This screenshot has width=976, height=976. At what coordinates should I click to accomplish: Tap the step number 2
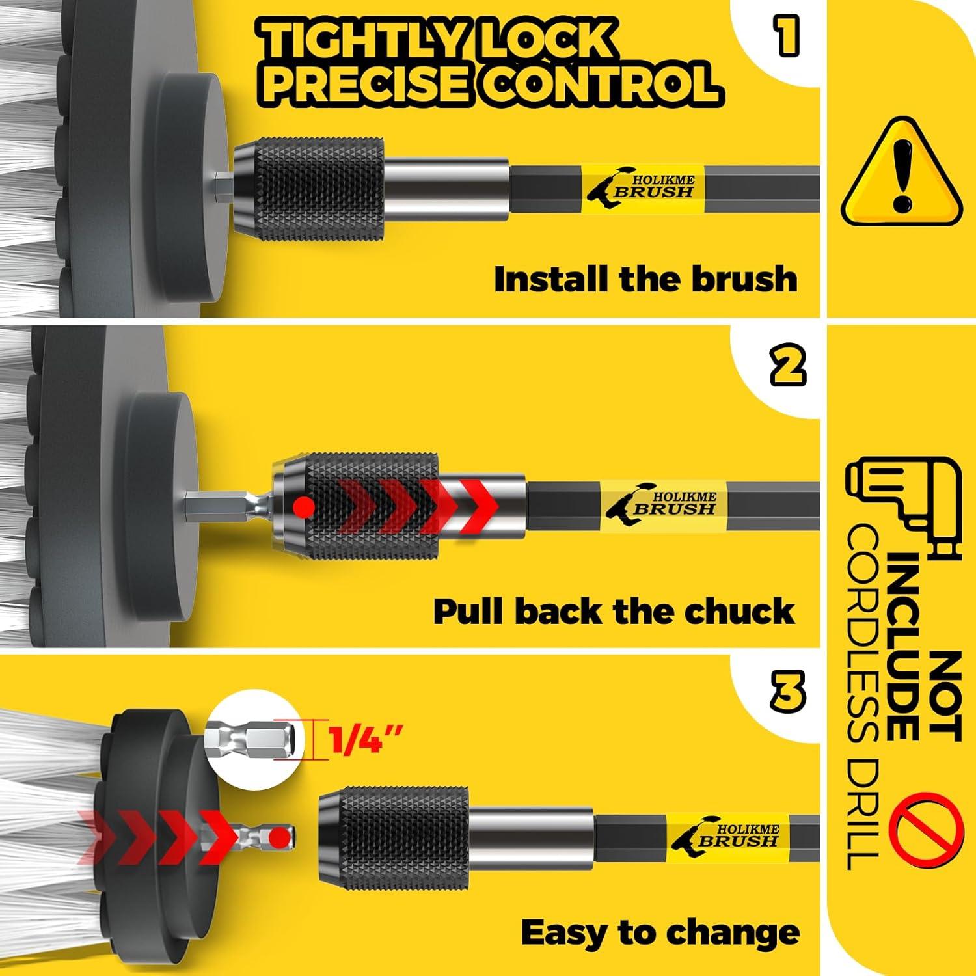(x=788, y=366)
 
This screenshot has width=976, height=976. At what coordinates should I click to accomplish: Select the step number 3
(x=788, y=691)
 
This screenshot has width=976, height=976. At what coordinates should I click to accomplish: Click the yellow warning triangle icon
(x=901, y=172)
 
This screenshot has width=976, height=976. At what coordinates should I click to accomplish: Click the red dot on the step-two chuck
(x=305, y=506)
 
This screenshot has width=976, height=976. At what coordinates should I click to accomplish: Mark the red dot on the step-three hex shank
(x=280, y=837)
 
